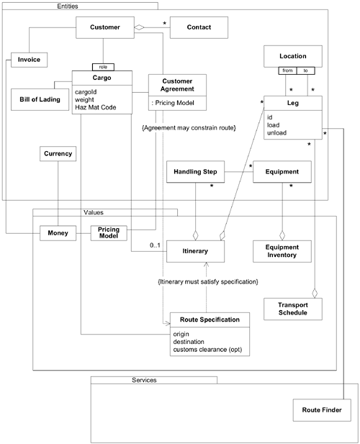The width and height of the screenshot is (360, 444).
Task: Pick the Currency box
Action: click(58, 153)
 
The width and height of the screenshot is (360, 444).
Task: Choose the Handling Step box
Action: click(195, 172)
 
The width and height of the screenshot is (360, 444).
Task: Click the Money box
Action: click(58, 235)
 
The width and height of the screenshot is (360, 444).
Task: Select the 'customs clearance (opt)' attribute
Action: click(211, 350)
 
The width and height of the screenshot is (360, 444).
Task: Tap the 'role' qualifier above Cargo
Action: click(105, 65)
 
